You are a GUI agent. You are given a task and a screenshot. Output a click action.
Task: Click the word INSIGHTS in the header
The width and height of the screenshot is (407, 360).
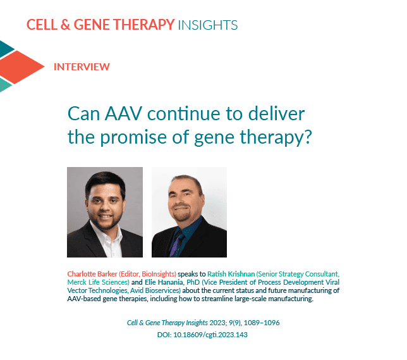[x=208, y=25]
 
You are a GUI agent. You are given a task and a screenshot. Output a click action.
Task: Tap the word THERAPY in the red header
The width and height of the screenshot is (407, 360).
[x=143, y=25]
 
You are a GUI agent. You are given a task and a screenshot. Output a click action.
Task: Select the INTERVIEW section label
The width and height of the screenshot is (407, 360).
[x=82, y=67]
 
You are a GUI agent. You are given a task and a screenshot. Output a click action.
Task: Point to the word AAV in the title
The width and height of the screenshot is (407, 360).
[x=124, y=114]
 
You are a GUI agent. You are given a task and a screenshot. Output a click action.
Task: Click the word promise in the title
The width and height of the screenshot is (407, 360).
[x=133, y=137]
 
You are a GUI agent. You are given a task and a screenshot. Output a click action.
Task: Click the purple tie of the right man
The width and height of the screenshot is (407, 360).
[x=176, y=244]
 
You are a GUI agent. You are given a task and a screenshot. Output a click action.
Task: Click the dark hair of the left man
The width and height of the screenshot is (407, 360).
[x=105, y=182]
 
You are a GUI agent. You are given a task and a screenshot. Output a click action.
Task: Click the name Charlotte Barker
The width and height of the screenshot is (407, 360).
[x=92, y=274]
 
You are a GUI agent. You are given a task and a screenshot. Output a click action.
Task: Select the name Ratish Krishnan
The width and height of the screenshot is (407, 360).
[x=231, y=274]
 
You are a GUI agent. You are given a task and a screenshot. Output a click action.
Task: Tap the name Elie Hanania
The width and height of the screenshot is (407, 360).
[x=164, y=282]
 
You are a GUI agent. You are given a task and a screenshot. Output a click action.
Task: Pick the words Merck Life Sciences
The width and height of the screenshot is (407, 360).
[x=98, y=282]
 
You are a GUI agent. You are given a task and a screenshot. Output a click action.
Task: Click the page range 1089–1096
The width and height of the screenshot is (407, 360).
[x=262, y=323]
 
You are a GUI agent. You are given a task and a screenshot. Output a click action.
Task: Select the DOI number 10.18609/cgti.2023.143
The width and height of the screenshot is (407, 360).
[x=210, y=335]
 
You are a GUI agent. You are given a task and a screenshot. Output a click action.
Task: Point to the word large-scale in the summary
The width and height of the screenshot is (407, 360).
[x=250, y=299]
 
